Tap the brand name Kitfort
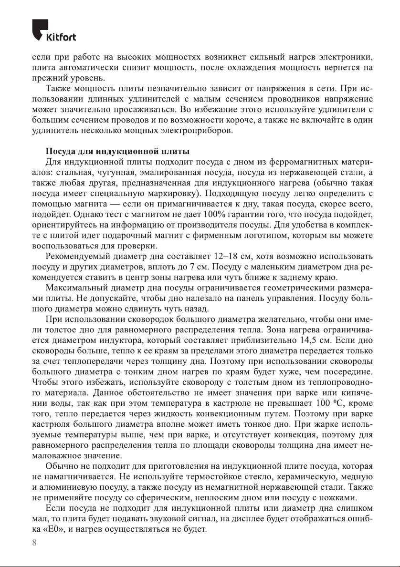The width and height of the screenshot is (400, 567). [61, 38]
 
